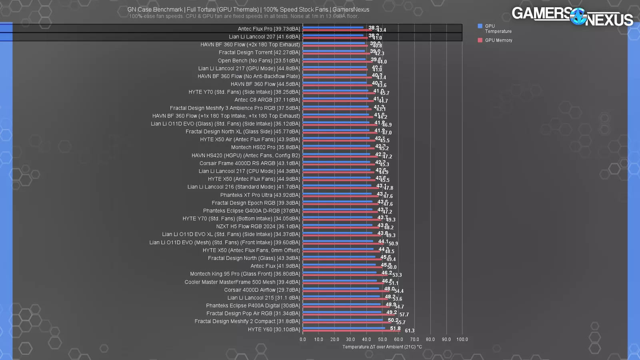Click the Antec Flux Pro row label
269,29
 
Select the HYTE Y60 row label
274,330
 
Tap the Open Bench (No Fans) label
259,61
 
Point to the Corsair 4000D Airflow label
262,290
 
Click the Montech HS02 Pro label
265,147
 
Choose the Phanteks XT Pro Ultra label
260,195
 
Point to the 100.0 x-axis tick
462,340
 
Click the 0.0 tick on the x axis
303,340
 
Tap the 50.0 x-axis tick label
382,340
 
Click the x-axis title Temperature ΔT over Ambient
382,347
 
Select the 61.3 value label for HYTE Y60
410,331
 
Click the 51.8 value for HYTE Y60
395,328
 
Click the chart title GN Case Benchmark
248,10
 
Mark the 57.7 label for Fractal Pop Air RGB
404,315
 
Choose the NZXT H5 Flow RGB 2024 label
258,226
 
